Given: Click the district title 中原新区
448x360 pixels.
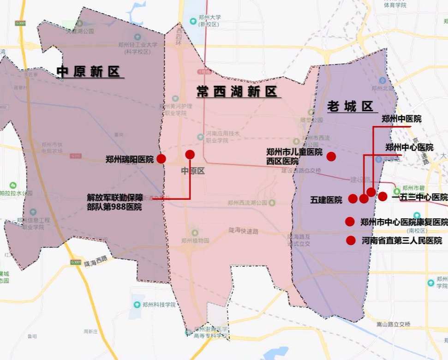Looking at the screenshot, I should (89, 72).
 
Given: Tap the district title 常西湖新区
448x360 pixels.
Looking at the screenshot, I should (237, 91).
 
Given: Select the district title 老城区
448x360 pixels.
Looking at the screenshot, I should (349, 107).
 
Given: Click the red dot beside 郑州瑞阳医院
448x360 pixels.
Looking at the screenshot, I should (161, 159).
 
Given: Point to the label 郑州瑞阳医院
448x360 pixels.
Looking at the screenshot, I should (129, 160).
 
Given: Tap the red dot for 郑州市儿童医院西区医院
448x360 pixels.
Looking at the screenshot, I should (331, 156).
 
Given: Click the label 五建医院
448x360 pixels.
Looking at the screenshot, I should (326, 200).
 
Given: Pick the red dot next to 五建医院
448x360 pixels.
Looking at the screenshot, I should (352, 198).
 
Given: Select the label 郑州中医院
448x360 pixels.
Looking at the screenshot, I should (401, 119).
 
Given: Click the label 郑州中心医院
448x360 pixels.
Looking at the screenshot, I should (409, 147).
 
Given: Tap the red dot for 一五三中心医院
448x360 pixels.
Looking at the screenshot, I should (382, 197).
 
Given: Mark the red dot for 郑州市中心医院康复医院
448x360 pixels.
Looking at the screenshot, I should (350, 222).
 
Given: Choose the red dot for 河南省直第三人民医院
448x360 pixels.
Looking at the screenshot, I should (351, 240).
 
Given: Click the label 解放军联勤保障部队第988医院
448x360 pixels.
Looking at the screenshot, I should (114, 202).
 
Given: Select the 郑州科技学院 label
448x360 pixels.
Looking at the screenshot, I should (159, 305).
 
